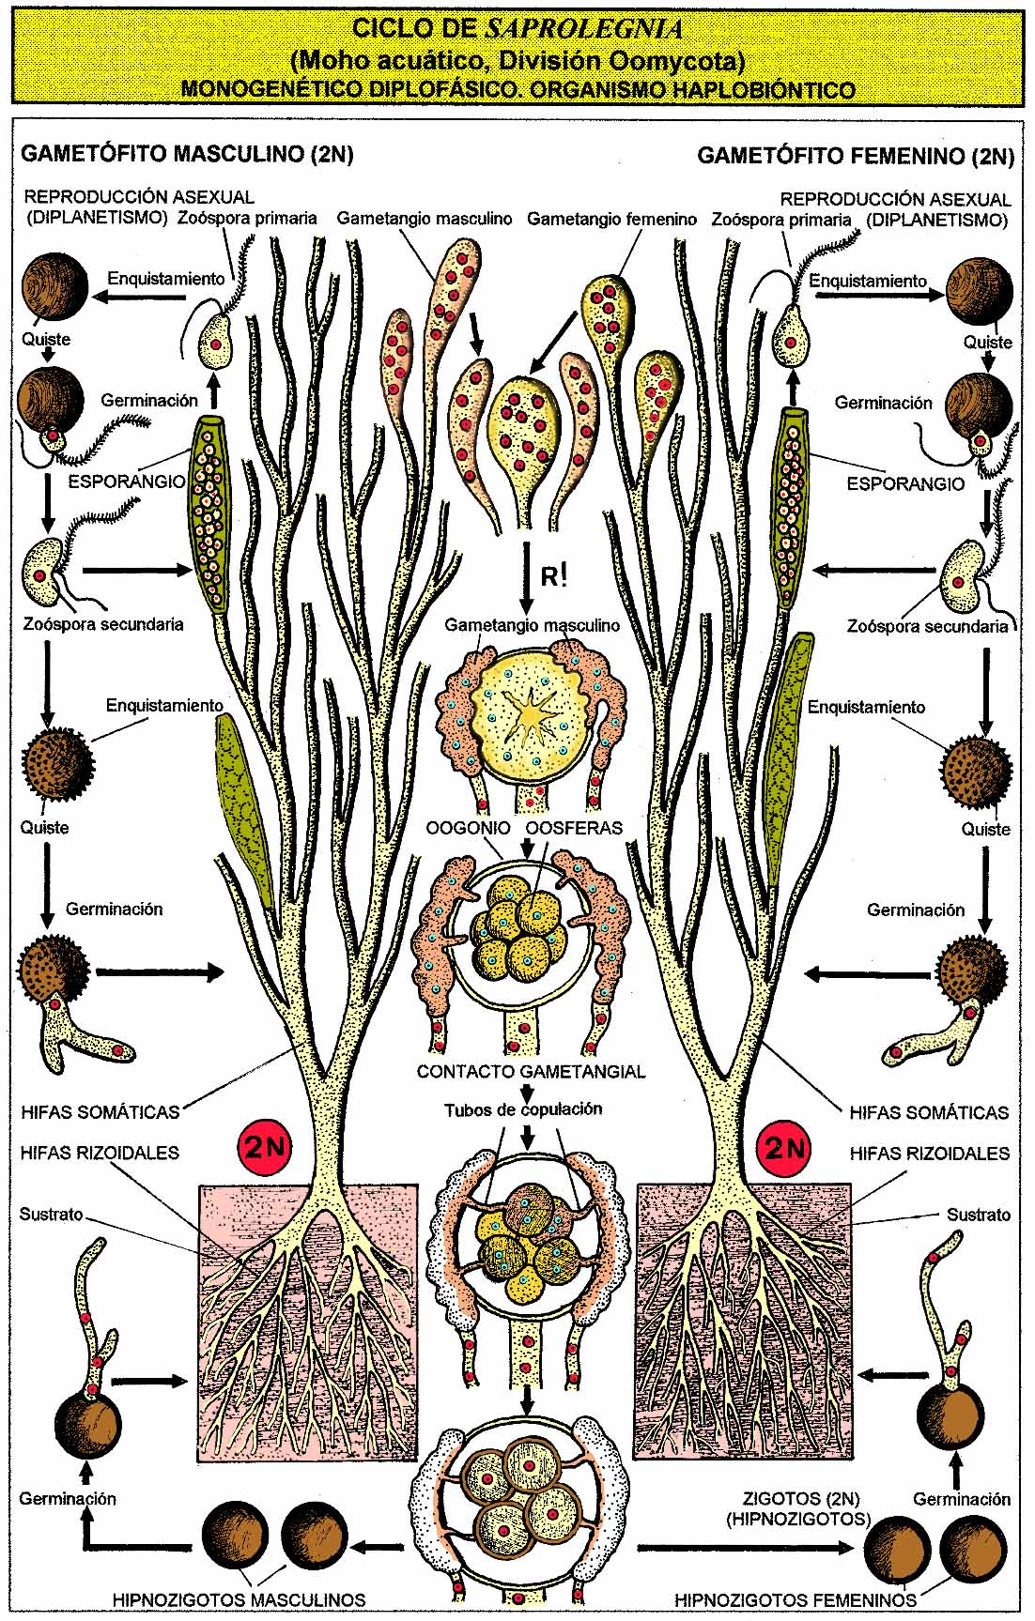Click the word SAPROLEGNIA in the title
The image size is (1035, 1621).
click(584, 30)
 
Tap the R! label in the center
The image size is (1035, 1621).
click(554, 574)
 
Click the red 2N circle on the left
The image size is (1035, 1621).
click(266, 1146)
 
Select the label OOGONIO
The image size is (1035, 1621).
click(468, 828)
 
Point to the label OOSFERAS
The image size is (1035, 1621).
click(574, 828)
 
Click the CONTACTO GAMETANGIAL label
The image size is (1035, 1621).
click(531, 1071)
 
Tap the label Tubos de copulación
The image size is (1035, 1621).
click(523, 1109)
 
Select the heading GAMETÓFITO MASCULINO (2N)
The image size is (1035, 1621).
click(187, 154)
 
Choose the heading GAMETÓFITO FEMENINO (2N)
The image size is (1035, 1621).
click(855, 156)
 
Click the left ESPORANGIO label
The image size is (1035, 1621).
click(127, 482)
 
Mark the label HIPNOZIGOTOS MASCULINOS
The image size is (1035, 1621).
click(239, 1599)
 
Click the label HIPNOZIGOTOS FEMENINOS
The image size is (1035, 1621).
click(796, 1599)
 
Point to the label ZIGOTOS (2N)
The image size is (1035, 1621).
click(800, 1499)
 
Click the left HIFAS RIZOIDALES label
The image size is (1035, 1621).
click(100, 1153)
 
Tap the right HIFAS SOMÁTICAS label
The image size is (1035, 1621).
click(928, 1112)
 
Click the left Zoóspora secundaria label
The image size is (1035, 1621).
click(103, 624)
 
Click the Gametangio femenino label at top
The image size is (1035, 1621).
click(611, 219)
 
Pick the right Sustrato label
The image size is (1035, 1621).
click(978, 1215)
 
